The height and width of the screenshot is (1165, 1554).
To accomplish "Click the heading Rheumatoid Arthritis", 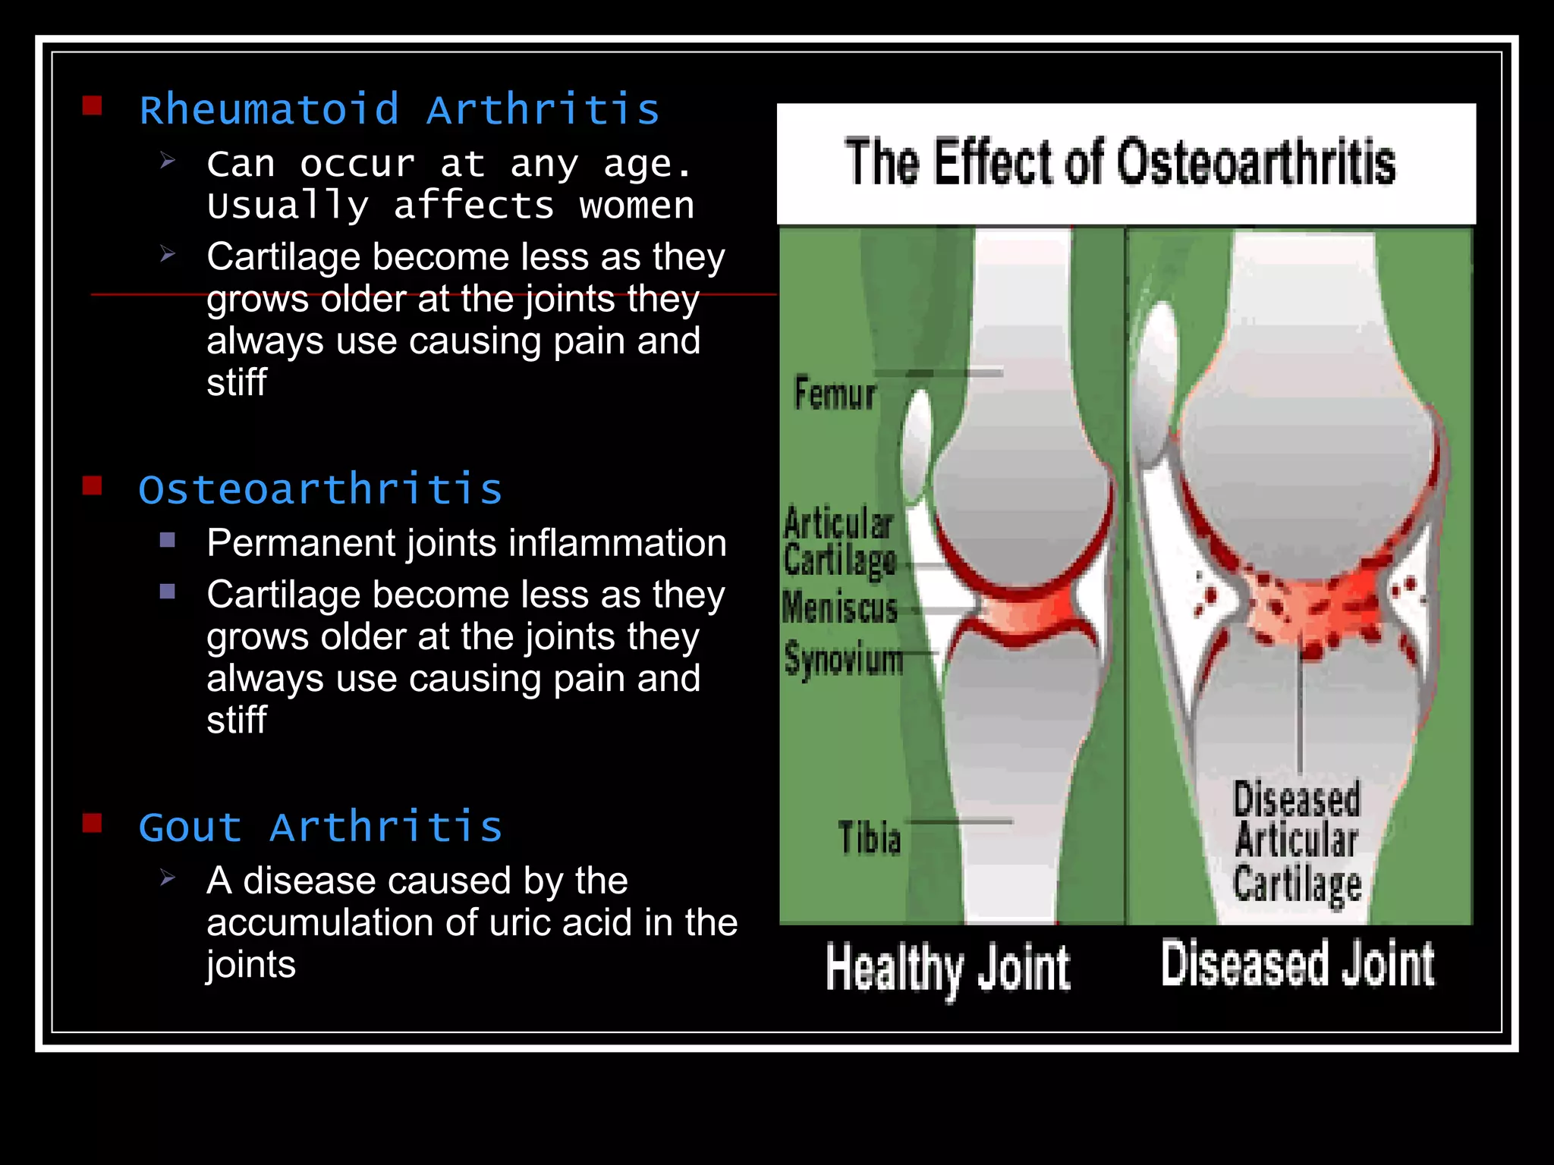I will [x=399, y=110].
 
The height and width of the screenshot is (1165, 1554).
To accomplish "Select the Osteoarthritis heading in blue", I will [x=320, y=489].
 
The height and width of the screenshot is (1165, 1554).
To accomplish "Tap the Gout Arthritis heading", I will [x=320, y=827].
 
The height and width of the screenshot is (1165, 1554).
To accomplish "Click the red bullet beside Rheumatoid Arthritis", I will [x=93, y=105].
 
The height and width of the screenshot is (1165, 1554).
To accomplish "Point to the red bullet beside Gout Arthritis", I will [x=93, y=823].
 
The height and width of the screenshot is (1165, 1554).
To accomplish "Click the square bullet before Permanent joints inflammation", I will [x=168, y=540].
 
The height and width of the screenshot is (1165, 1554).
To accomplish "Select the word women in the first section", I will [x=637, y=206].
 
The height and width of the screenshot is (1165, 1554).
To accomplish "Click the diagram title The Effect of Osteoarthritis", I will [x=1120, y=162].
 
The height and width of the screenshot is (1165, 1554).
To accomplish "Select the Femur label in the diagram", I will [x=835, y=394].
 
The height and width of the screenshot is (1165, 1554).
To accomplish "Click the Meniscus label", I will [x=840, y=608].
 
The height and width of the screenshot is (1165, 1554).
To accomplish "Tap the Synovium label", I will [x=844, y=658].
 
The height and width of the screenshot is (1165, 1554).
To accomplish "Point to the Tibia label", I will [x=870, y=838].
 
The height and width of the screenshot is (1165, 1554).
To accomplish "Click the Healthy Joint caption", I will [x=948, y=969].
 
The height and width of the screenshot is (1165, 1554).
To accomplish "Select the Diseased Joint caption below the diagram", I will [x=1298, y=965].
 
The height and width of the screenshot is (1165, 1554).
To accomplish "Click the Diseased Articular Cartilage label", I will [x=1297, y=842].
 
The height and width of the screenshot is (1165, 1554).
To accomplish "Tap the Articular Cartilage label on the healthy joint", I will [x=839, y=542].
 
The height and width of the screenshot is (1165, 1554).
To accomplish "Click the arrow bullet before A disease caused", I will [x=168, y=878].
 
